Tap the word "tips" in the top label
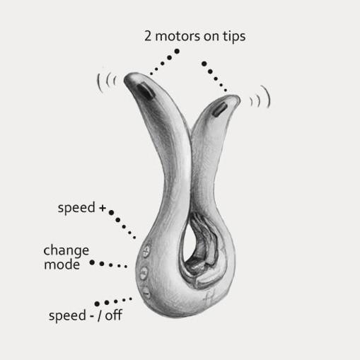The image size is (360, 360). pyautogui.click(x=234, y=37)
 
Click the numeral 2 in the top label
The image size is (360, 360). pyautogui.click(x=148, y=36)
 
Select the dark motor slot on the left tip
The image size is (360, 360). pyautogui.click(x=145, y=91)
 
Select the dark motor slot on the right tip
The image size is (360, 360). pyautogui.click(x=219, y=110)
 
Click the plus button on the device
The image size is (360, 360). pyautogui.click(x=146, y=251)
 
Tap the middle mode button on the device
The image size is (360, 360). pyautogui.click(x=144, y=273)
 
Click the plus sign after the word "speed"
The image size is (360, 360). pyautogui.click(x=103, y=208)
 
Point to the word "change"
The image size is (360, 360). pyautogui.click(x=66, y=250)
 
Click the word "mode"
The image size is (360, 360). pyautogui.click(x=62, y=265)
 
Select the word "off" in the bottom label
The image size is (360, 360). pyautogui.click(x=113, y=315)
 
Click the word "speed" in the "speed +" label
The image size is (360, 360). pyautogui.click(x=76, y=209)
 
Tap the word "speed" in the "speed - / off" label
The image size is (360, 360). pyautogui.click(x=67, y=316)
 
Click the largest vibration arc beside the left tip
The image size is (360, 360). pyautogui.click(x=98, y=82)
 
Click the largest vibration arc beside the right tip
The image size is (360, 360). pyautogui.click(x=268, y=96)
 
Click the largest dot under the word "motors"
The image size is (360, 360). pyautogui.click(x=177, y=51)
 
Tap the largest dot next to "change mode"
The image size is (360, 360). pyautogui.click(x=92, y=262)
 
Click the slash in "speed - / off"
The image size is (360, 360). pyautogui.click(x=100, y=315)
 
